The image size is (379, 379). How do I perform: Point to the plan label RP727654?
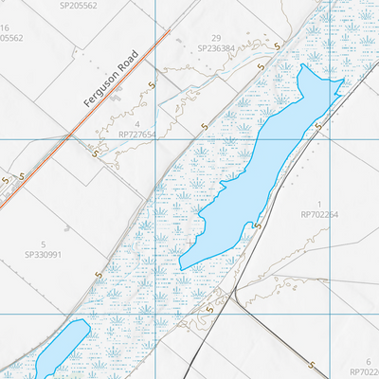137,135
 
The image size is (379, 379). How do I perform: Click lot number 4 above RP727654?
137,124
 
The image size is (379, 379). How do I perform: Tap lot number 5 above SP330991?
43,244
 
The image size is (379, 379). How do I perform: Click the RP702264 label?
319,215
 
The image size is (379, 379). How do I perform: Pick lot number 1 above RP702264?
319,204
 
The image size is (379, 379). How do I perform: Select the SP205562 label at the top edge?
78,5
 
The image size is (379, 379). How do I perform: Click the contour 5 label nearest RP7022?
314,363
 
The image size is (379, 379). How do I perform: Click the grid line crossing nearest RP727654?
155,139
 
